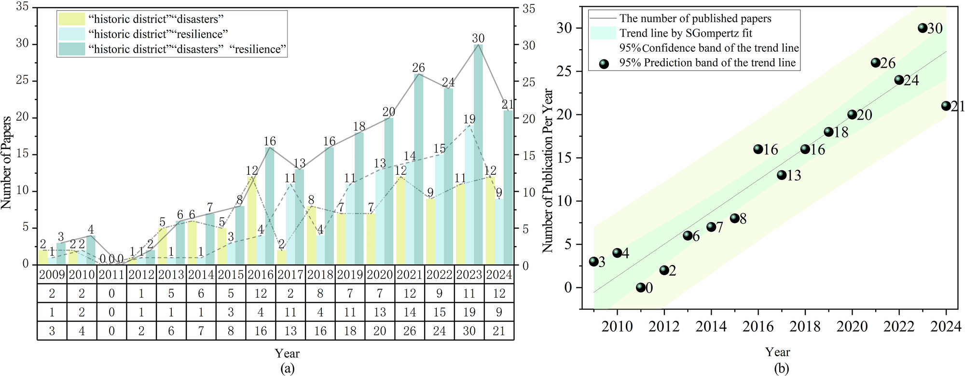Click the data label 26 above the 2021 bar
418,68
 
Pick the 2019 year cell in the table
350,275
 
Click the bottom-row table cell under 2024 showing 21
499,331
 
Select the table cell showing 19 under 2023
469,312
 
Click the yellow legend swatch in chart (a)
71,19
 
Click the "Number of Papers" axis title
6,163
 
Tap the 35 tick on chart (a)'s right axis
529,8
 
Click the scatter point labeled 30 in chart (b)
923,28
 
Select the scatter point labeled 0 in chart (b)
640,288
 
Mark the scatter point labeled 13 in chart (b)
782,175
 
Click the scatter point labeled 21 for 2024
946,106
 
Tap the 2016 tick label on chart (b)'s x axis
758,327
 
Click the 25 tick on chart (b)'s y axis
565,71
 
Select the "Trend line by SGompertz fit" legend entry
685,33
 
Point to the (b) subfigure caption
781,369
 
